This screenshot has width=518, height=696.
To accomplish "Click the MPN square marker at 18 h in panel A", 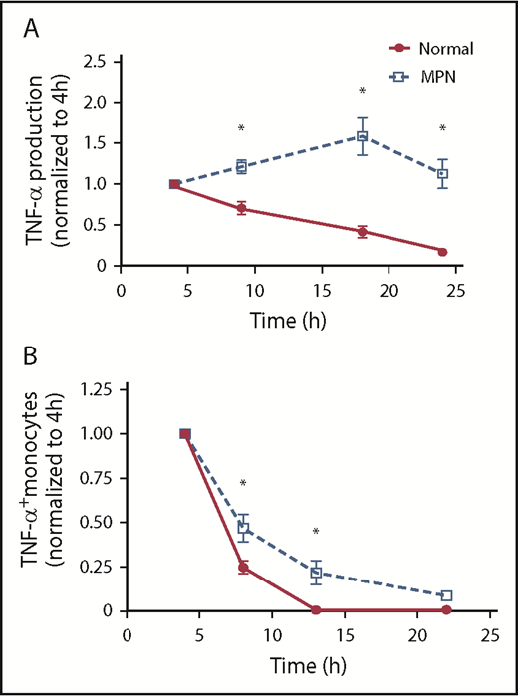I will pyautogui.click(x=362, y=136).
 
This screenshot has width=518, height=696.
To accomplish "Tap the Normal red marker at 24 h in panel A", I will pyautogui.click(x=441, y=252).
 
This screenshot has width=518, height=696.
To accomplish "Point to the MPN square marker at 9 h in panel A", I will pyautogui.click(x=241, y=167).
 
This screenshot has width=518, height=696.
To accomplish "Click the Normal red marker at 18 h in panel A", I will pyautogui.click(x=362, y=232).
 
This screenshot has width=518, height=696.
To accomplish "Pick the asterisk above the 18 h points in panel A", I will pyautogui.click(x=362, y=92).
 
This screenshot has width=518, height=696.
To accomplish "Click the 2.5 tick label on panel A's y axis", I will pyautogui.click(x=96, y=62).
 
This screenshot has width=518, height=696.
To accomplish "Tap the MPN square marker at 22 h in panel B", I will pyautogui.click(x=447, y=595).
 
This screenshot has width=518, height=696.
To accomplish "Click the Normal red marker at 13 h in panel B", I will pyautogui.click(x=316, y=610).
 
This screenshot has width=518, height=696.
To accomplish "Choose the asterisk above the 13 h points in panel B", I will pyautogui.click(x=316, y=532).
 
